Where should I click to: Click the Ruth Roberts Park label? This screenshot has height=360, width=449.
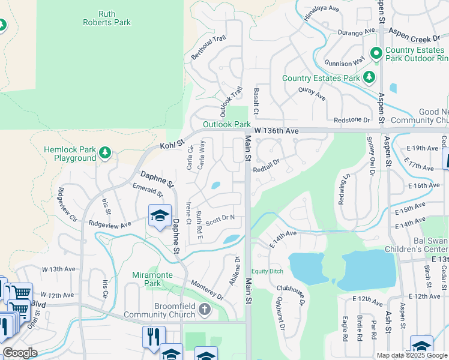106,17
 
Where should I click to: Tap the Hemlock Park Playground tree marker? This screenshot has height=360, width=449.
106,152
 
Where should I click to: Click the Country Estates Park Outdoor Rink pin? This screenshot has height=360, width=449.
376,54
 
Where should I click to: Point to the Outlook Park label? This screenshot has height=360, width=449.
226,124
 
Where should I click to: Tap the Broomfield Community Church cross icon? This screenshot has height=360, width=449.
205,310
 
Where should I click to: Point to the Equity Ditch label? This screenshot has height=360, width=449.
268,271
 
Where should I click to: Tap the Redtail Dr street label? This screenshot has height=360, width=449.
267,166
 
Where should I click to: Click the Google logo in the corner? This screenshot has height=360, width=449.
20,352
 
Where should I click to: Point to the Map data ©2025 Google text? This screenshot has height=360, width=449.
412,355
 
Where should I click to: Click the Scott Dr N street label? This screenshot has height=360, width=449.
220,220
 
